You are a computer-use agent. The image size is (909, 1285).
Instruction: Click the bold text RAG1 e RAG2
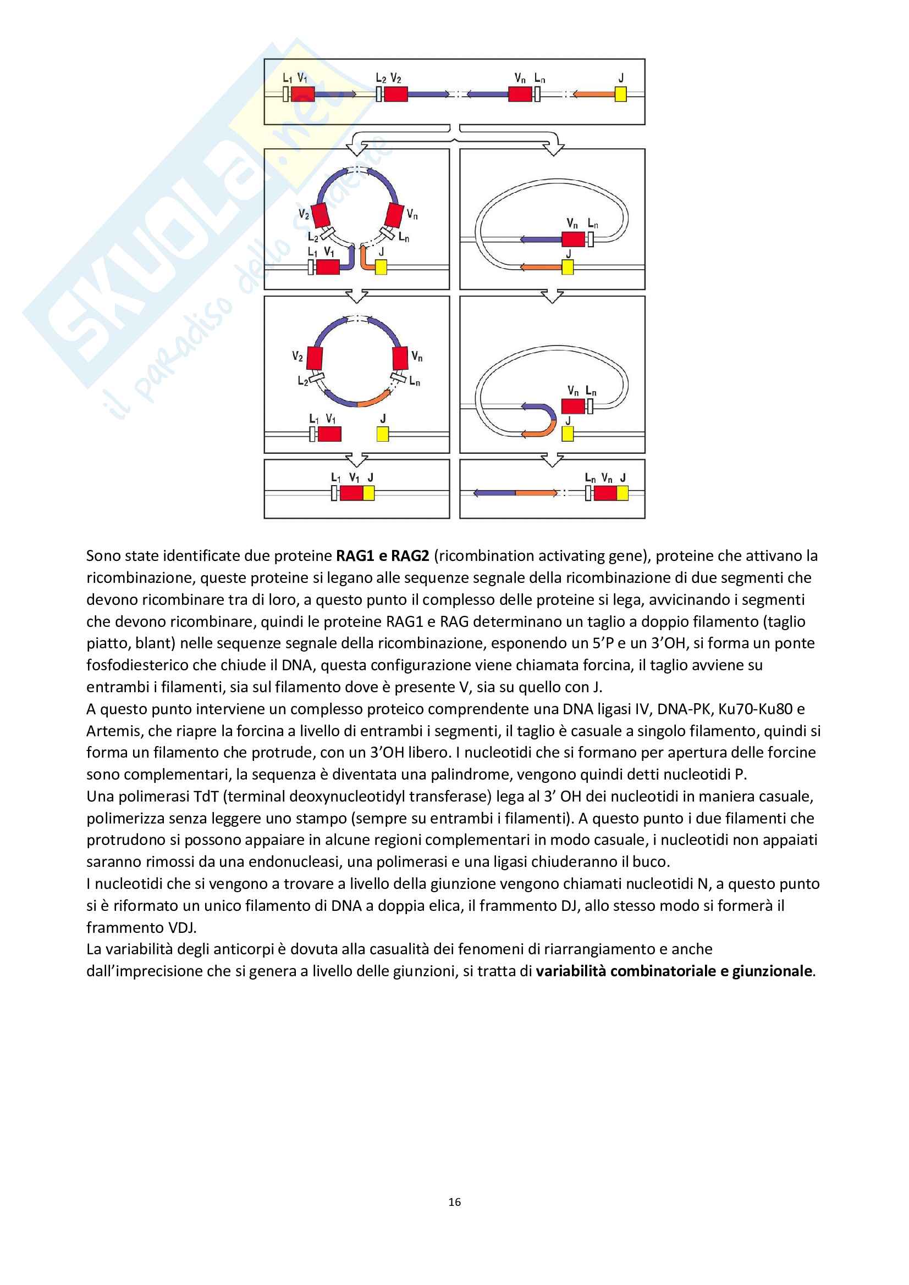tap(382, 556)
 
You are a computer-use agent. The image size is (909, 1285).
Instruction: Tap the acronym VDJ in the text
tap(181, 927)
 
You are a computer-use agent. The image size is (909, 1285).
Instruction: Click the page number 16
tap(454, 1201)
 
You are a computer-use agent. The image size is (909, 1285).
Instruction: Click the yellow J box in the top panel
tap(620, 94)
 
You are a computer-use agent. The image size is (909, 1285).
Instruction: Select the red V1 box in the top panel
tap(302, 94)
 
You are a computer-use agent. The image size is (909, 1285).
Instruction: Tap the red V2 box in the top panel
tap(395, 94)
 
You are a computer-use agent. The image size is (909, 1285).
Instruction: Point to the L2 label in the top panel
tap(381, 79)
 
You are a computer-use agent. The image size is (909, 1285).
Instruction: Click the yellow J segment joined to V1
tap(368, 493)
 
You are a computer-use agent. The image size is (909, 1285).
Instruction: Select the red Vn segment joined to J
tap(605, 493)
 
